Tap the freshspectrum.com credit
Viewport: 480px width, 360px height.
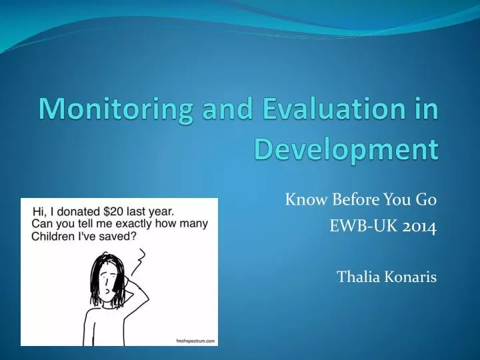tap(197, 341)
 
